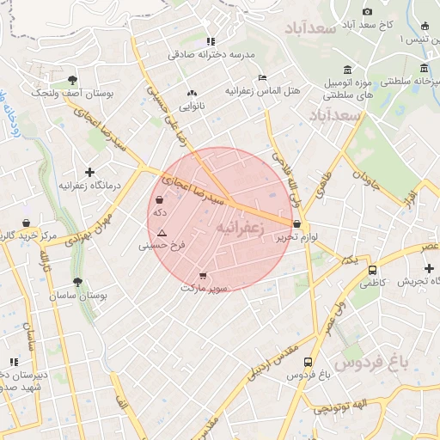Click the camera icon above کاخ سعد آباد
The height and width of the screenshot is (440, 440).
click(367, 11)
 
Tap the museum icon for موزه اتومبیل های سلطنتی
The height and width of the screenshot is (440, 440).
click(347, 70)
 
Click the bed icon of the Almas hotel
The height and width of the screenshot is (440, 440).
click(263, 77)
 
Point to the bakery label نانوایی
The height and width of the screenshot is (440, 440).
click(191, 107)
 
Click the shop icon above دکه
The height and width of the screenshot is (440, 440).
click(160, 199)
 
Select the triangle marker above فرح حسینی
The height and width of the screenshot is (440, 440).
click(162, 233)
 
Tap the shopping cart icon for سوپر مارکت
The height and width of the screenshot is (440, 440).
click(203, 276)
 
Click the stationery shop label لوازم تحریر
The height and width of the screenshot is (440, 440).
click(303, 236)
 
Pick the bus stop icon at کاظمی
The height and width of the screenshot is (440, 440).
click(371, 267)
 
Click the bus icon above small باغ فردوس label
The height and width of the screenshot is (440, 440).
click(308, 363)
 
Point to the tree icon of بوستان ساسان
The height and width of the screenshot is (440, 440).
click(78, 282)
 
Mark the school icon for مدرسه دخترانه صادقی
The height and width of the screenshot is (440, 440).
click(211, 40)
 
